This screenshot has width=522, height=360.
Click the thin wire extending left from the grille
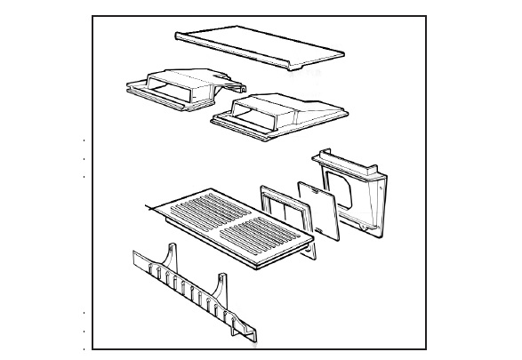click(x=151, y=208)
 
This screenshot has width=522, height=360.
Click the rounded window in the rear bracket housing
click(x=338, y=182)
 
